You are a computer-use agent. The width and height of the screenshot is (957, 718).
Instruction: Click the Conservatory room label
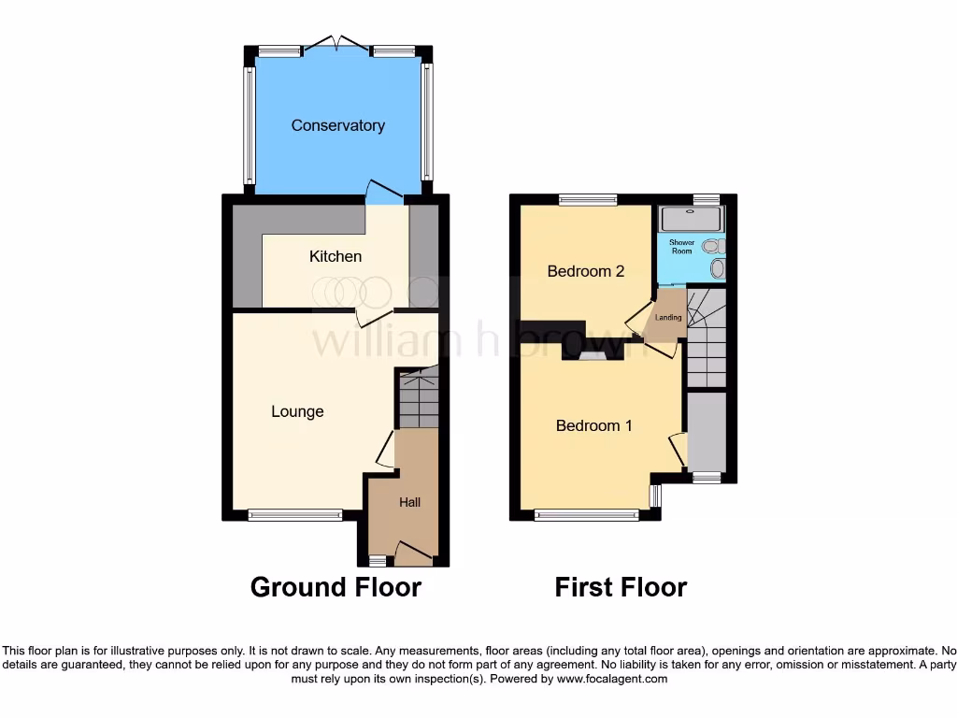pyautogui.click(x=337, y=125)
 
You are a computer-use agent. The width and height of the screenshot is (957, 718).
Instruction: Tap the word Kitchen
pyautogui.click(x=336, y=256)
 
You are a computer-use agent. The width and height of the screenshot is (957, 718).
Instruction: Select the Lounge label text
pyautogui.click(x=297, y=411)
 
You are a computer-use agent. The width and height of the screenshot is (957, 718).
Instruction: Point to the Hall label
pyautogui.click(x=409, y=502)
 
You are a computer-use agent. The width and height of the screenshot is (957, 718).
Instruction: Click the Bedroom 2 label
pyautogui.click(x=585, y=271)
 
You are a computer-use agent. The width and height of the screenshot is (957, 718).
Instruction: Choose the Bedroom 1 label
pyautogui.click(x=593, y=425)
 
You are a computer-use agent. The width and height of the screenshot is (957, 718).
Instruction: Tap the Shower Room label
pyautogui.click(x=681, y=247)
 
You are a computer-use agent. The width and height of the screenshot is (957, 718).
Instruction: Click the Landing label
pyautogui.click(x=668, y=318)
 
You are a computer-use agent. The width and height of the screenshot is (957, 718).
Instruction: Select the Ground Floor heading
pyautogui.click(x=336, y=587)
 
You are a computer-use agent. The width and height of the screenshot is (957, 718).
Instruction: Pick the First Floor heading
pyautogui.click(x=621, y=587)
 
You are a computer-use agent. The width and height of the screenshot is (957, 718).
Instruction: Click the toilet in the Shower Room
pyautogui.click(x=715, y=246)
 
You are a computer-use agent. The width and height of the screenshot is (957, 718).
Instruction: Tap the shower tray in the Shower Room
pyautogui.click(x=691, y=219)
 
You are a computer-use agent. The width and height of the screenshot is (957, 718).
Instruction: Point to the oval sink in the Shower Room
pyautogui.click(x=718, y=269)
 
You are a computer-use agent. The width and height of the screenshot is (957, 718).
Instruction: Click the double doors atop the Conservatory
pyautogui.click(x=337, y=43)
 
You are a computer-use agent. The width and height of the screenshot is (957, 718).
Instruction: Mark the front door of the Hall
pyautogui.click(x=413, y=553)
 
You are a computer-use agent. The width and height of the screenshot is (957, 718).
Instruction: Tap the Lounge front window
pyautogui.click(x=295, y=514)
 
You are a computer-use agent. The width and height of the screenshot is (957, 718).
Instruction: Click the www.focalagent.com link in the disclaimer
pyautogui.click(x=612, y=679)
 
